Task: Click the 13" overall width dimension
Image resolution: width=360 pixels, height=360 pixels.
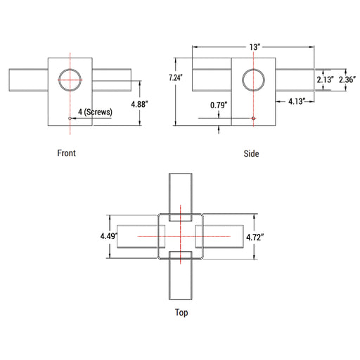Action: click(x=255, y=47)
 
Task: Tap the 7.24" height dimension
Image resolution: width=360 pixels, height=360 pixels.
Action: click(x=176, y=77)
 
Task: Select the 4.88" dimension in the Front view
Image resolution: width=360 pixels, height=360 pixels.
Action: click(x=139, y=104)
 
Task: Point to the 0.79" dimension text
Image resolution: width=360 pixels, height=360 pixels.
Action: click(x=219, y=105)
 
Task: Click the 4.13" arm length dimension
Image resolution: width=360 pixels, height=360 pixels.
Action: click(x=297, y=101)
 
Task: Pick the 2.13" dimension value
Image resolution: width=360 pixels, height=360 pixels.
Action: click(x=325, y=79)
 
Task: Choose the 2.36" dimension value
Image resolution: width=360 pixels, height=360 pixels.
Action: click(x=347, y=79)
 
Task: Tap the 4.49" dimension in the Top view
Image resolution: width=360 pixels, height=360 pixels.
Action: click(x=109, y=236)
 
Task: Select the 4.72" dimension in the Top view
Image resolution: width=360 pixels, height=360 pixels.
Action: click(x=255, y=238)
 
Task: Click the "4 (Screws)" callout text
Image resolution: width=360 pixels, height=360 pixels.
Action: click(x=95, y=112)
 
